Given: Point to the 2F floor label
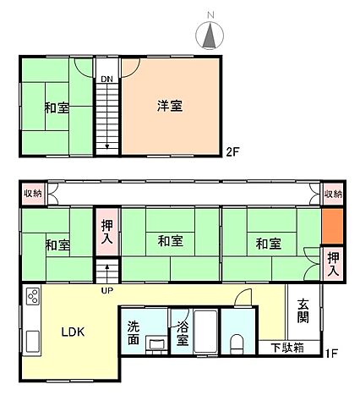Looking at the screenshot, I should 232,152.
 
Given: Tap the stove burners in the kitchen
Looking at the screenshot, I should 33,298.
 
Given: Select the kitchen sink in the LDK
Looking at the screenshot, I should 32,343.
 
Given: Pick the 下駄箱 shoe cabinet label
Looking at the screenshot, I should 287,347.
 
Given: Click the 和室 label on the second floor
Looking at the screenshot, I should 57,107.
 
